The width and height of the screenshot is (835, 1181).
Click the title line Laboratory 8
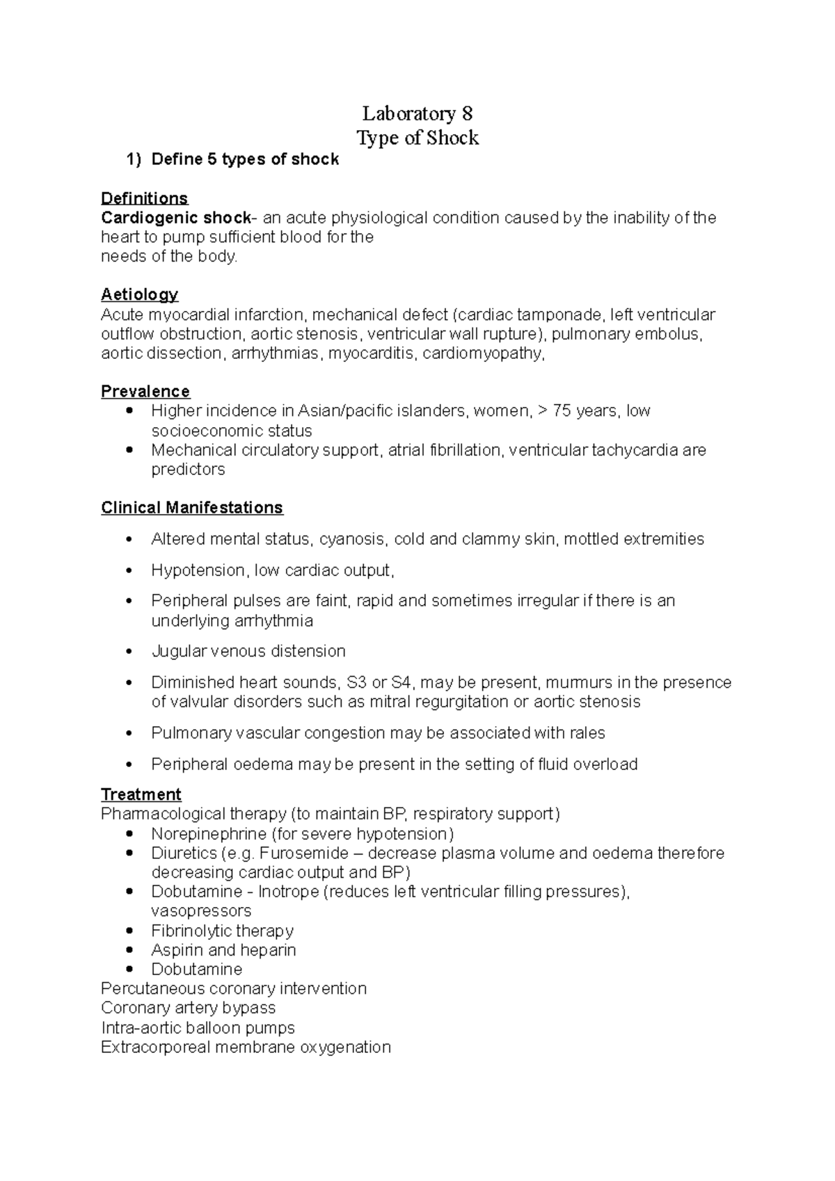(x=417, y=113)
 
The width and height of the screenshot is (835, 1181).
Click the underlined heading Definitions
(x=144, y=199)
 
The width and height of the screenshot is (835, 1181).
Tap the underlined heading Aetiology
(x=139, y=295)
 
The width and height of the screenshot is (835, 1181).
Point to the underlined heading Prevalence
(x=145, y=392)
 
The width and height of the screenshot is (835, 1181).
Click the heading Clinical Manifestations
(x=191, y=508)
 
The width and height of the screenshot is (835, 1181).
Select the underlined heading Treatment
(x=141, y=794)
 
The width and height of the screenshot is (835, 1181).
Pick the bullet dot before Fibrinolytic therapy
(x=129, y=931)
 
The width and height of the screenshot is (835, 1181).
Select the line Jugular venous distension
(x=248, y=652)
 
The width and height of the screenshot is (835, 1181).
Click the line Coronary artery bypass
(x=188, y=1008)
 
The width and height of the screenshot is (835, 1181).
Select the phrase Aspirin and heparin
(x=223, y=950)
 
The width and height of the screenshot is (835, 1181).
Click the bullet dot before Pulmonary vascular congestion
(x=129, y=734)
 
